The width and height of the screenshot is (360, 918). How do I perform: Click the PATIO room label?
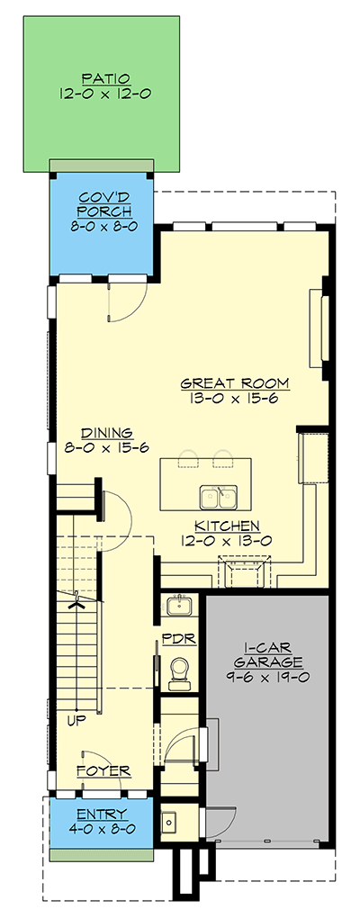[x=103, y=77]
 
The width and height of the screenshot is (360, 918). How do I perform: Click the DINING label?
[x=107, y=433]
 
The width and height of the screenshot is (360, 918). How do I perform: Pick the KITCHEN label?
[x=228, y=526]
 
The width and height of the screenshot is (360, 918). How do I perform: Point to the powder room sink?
[x=177, y=604]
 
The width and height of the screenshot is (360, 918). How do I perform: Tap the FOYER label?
[x=103, y=771]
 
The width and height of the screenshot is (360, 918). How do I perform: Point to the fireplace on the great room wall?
[x=316, y=328]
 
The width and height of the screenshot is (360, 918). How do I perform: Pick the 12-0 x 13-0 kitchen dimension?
[x=228, y=542]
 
